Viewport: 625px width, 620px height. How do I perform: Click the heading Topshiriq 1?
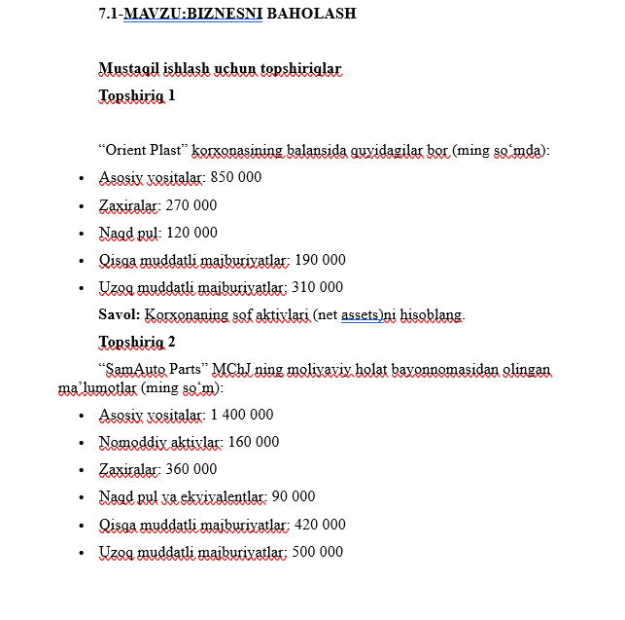pyautogui.click(x=137, y=96)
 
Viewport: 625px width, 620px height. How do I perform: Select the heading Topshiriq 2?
pyautogui.click(x=137, y=342)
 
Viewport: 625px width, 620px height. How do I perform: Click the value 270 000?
pyautogui.click(x=191, y=205)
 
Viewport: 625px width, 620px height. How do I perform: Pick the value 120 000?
pyautogui.click(x=191, y=233)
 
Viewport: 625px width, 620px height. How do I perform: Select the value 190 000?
pyautogui.click(x=319, y=260)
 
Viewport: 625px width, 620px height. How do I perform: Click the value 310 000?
pyautogui.click(x=317, y=287)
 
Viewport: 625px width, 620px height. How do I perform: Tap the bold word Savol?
pyautogui.click(x=119, y=315)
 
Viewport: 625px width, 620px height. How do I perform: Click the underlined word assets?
pyautogui.click(x=361, y=315)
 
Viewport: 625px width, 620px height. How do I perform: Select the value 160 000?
pyautogui.click(x=253, y=442)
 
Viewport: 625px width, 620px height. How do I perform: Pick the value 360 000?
pyautogui.click(x=191, y=469)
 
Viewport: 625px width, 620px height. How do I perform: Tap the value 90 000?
pyautogui.click(x=294, y=496)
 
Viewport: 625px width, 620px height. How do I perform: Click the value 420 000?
pyautogui.click(x=319, y=525)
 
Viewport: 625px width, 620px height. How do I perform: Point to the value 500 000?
pyautogui.click(x=317, y=552)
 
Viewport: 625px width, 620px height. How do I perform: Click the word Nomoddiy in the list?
pyautogui.click(x=126, y=442)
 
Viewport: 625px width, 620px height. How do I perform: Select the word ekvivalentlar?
pyautogui.click(x=226, y=496)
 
